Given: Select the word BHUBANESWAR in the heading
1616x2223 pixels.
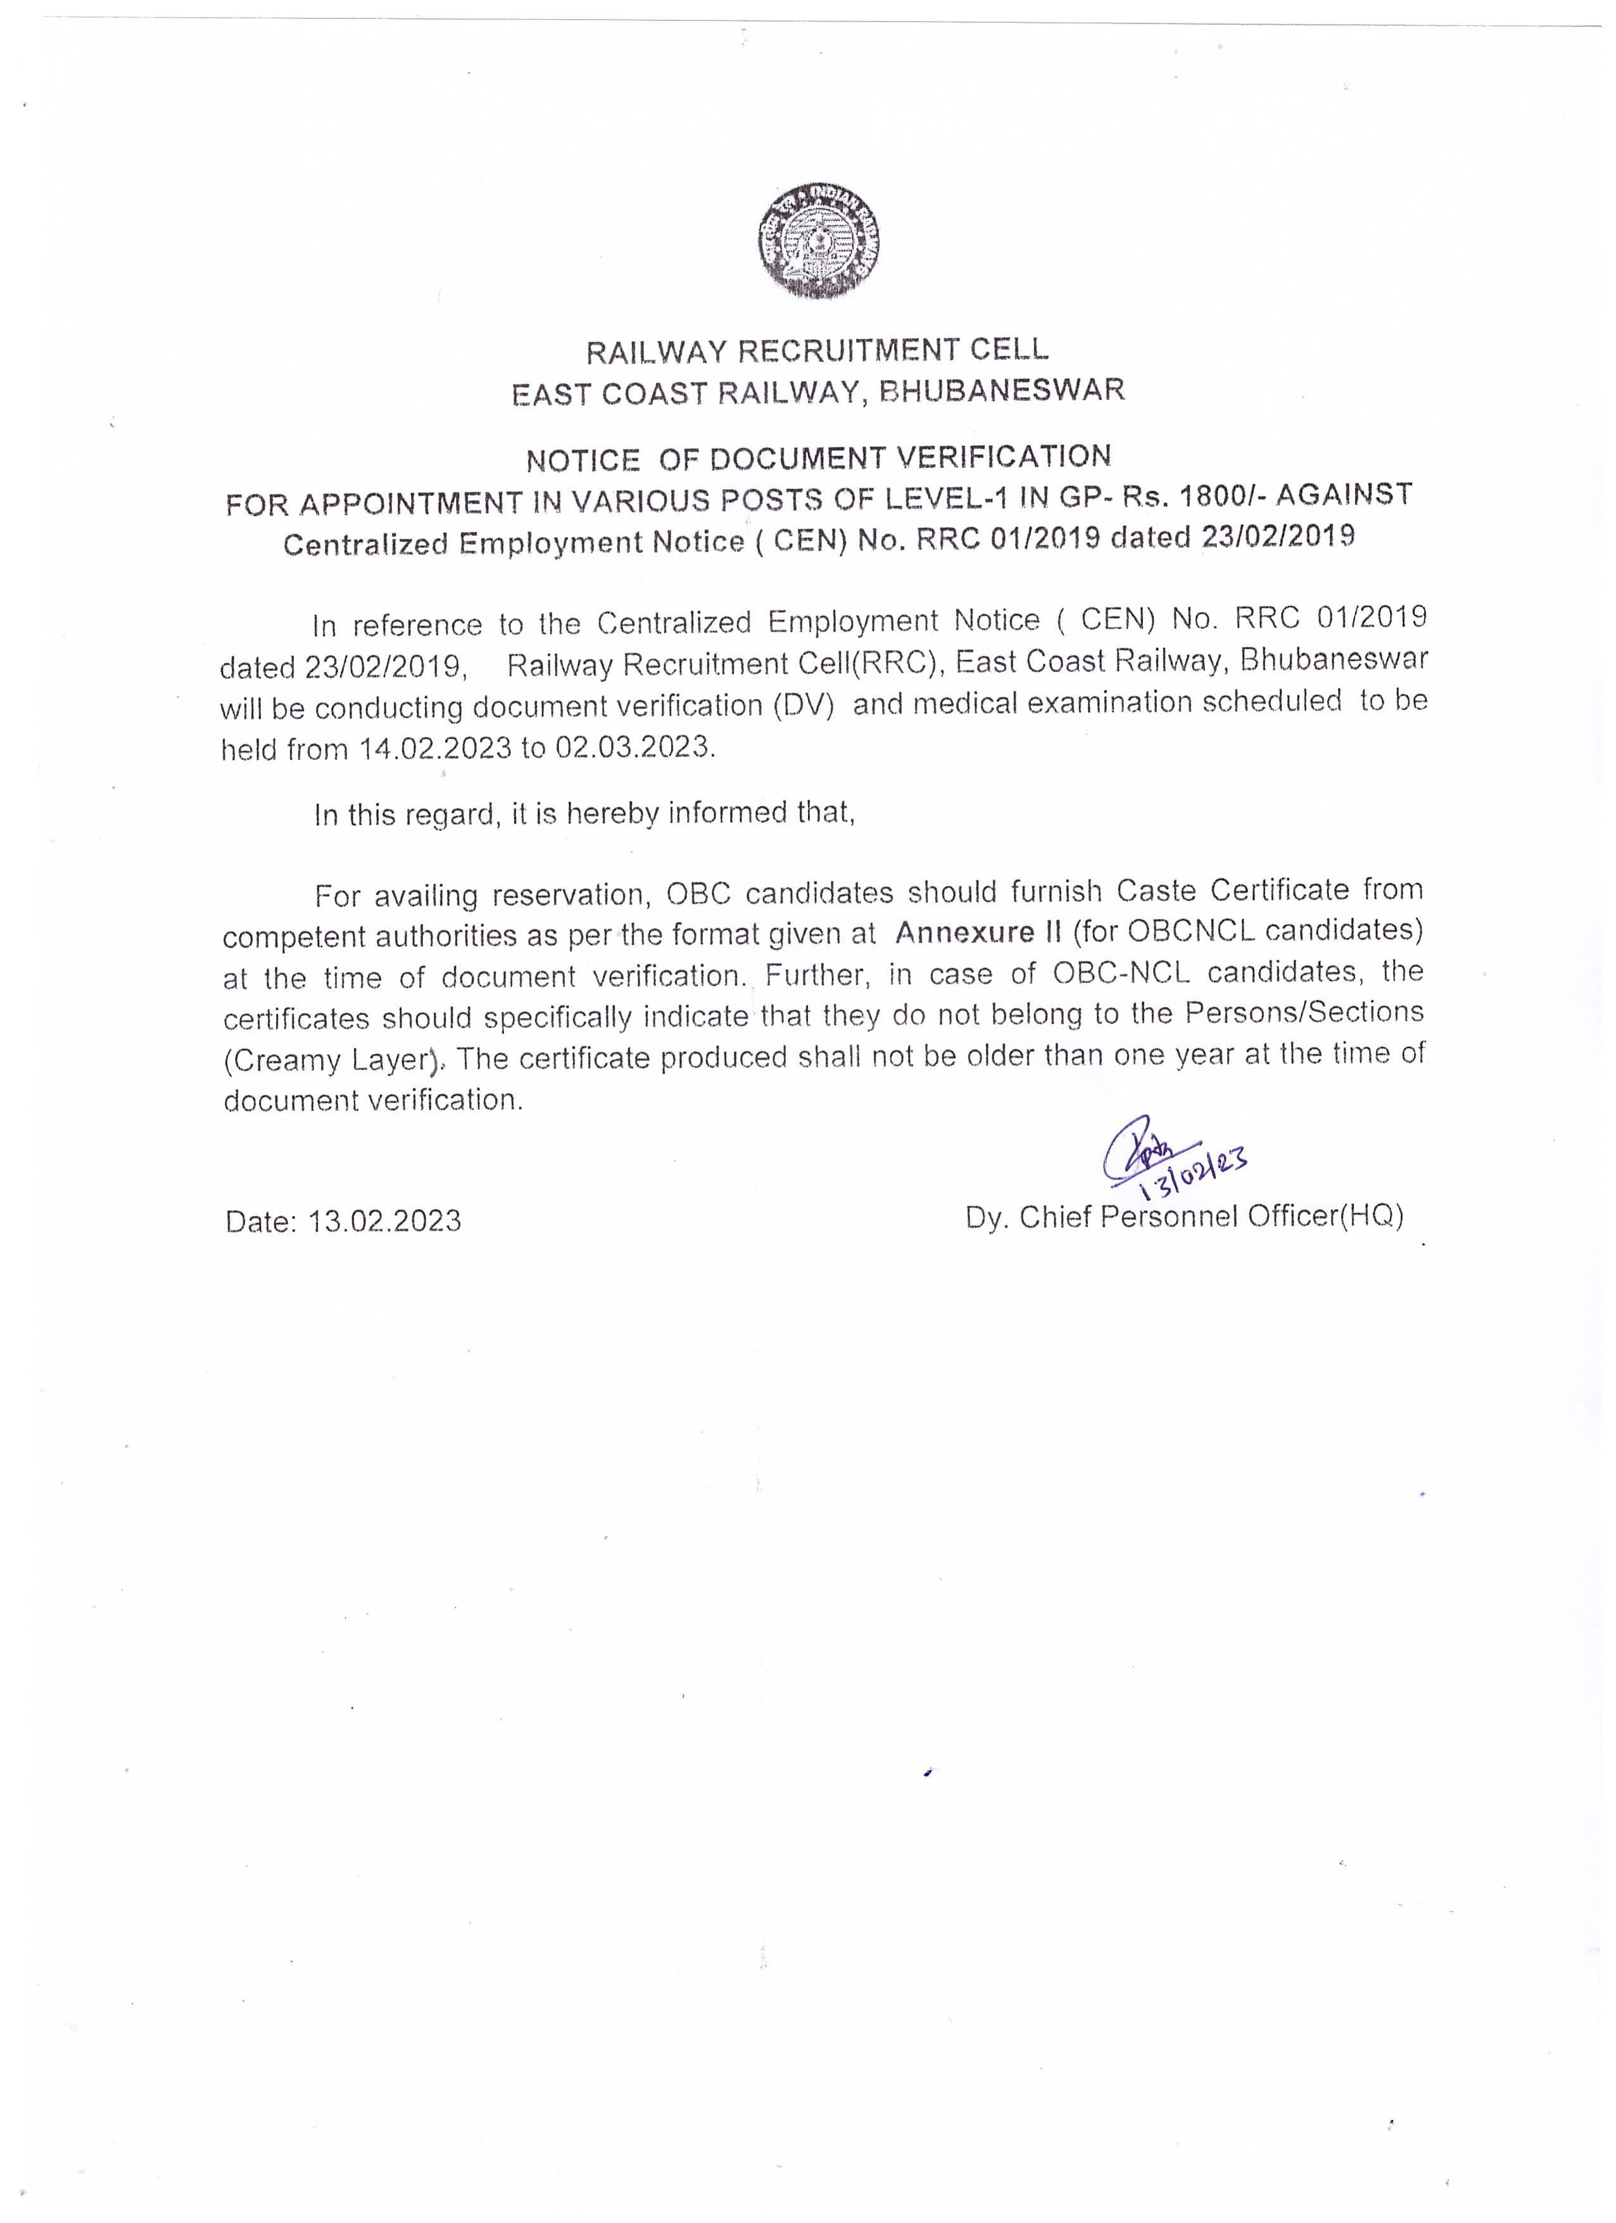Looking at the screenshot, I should (1002, 390).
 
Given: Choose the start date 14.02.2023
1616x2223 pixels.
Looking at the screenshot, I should (436, 749).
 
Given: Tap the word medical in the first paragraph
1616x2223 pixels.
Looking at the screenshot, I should (959, 704).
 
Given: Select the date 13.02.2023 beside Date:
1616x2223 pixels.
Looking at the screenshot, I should (384, 1221).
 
